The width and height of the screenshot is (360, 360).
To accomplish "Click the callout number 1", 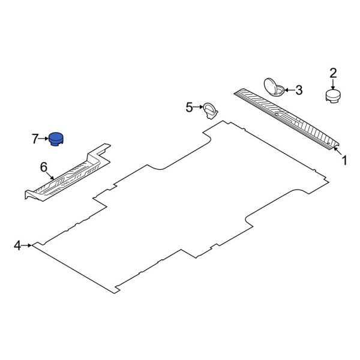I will (344, 160).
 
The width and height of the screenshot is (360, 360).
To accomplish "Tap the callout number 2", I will (332, 73).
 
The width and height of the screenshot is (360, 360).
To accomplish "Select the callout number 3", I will (298, 91).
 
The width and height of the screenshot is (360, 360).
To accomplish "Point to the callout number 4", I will (17, 245).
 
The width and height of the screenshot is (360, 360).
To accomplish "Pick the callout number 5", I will (190, 107).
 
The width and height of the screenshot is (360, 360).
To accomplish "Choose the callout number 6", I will (43, 166).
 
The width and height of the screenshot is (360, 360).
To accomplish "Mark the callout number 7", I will (35, 139).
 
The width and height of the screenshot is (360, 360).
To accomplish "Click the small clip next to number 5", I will (209, 109).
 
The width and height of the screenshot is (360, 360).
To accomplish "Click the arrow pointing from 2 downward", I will (332, 83).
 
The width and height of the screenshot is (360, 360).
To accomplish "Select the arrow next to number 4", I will (27, 245).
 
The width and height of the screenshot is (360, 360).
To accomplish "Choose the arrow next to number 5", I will (199, 107).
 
